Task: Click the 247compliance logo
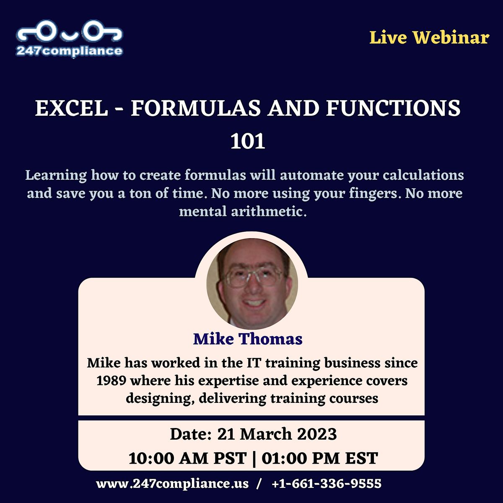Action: [x=69, y=41]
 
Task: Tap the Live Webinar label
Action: [x=429, y=38]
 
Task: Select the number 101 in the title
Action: [x=248, y=142]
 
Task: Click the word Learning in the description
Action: [x=56, y=175]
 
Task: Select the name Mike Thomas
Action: [x=248, y=339]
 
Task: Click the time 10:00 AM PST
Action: [x=187, y=458]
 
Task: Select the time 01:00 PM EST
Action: [x=320, y=458]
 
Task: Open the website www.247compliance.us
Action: [x=172, y=484]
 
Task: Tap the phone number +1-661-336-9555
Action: [x=327, y=484]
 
